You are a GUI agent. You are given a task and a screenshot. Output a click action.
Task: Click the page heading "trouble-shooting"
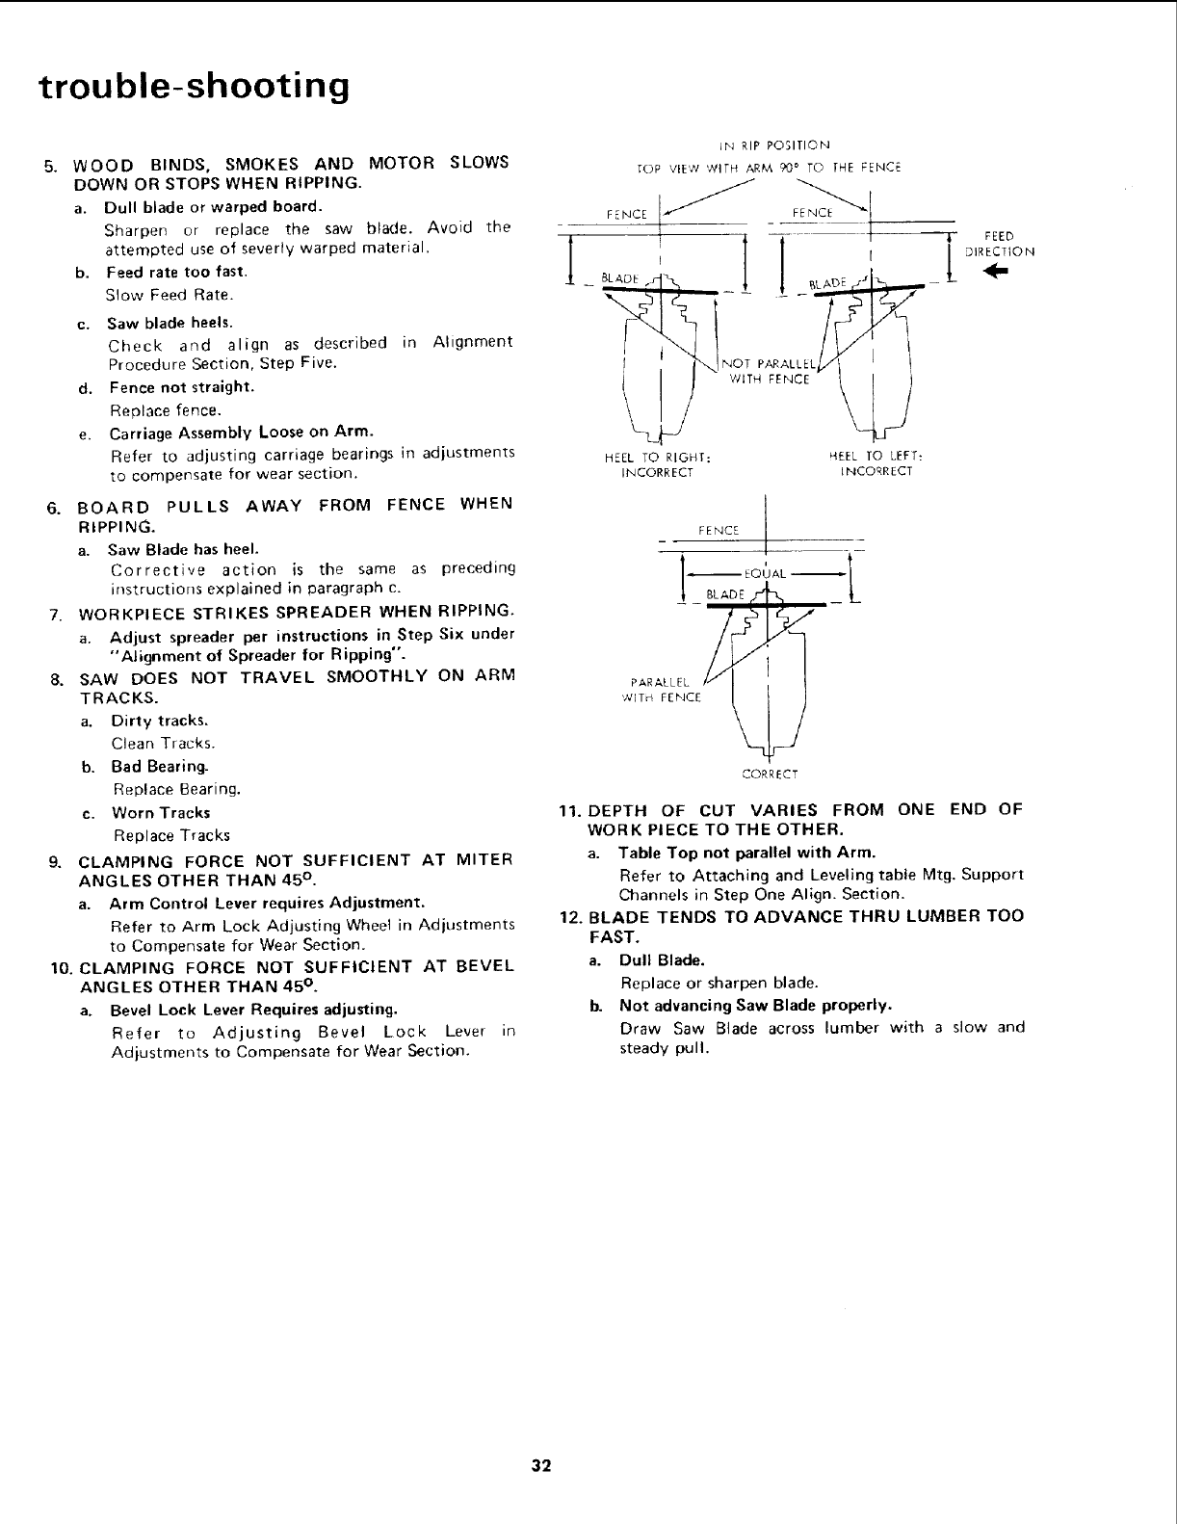193,87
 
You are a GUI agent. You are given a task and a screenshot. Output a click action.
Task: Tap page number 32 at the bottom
540,1466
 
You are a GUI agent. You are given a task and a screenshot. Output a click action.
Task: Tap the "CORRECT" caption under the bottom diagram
768,773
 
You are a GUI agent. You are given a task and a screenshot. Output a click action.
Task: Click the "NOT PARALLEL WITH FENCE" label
770,372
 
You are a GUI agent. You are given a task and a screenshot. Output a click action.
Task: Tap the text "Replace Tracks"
171,835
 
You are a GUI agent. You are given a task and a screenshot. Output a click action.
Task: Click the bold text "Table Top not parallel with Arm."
747,853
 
